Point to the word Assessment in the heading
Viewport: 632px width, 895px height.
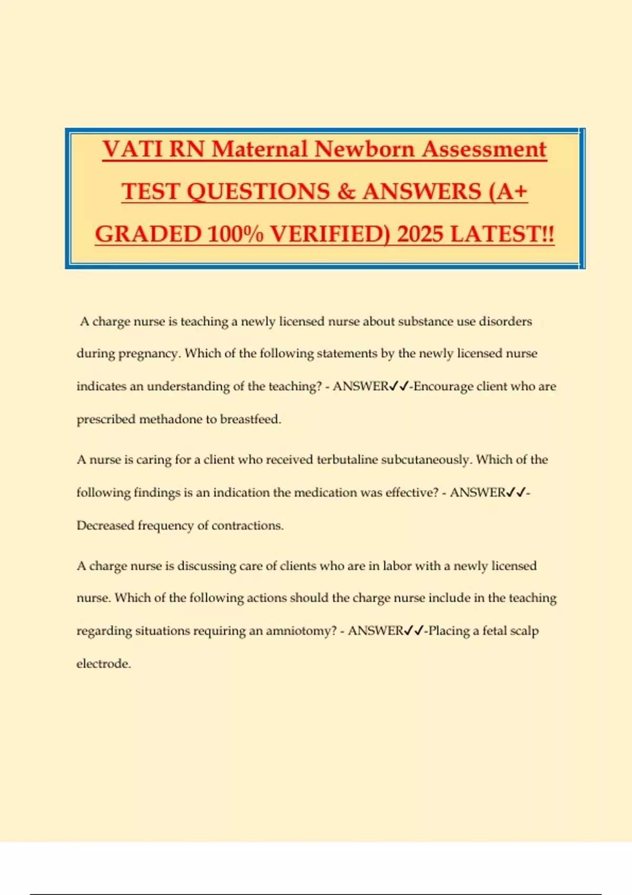484,150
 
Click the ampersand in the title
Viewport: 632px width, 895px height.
346,192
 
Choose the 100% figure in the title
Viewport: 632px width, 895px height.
235,235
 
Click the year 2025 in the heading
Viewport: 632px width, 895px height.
421,235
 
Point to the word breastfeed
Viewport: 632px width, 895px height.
251,420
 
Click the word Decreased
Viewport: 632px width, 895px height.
105,525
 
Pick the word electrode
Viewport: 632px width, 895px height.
104,664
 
